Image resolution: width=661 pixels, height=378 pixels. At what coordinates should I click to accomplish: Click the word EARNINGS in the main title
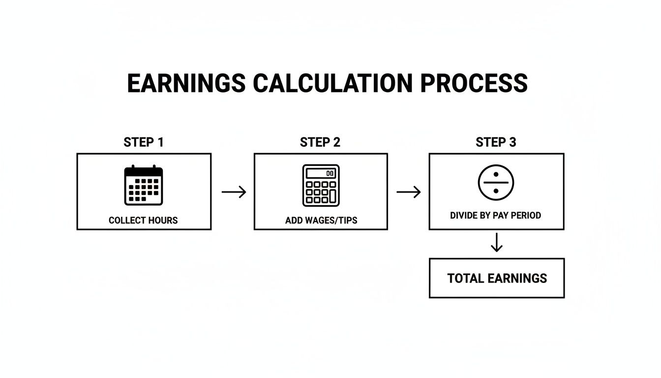click(x=186, y=83)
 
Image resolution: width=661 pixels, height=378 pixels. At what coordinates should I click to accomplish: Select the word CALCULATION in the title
click(x=332, y=83)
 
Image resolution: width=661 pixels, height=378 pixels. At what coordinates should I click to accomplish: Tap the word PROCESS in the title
click(x=474, y=83)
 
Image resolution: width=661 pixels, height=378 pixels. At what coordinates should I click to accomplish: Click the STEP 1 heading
click(x=144, y=142)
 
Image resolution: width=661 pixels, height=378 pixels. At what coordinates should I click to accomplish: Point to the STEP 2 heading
click(x=320, y=142)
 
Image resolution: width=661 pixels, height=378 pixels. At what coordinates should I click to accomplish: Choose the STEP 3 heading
click(x=496, y=142)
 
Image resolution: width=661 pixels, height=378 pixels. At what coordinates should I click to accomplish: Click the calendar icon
click(x=144, y=185)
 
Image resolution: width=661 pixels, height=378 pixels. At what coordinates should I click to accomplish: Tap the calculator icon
click(x=321, y=186)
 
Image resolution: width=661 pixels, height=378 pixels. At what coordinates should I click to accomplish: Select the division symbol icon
click(x=496, y=183)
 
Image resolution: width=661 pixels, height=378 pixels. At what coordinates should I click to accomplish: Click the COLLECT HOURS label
click(x=143, y=220)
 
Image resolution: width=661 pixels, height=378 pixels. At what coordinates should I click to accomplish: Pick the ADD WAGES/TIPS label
click(x=321, y=220)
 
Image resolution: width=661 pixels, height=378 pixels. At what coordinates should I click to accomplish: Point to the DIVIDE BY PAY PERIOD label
click(x=496, y=215)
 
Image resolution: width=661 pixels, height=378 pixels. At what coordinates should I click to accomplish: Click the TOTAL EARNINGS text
click(x=497, y=278)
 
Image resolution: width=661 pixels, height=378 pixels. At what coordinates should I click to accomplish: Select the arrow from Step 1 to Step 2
click(x=234, y=192)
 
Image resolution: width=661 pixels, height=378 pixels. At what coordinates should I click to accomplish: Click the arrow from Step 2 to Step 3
click(x=409, y=192)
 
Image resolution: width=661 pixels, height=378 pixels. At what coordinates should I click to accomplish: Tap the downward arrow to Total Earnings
click(x=497, y=243)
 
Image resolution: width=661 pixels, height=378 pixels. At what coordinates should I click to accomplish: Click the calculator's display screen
click(x=321, y=173)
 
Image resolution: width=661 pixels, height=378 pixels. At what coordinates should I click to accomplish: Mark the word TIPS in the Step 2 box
click(x=348, y=220)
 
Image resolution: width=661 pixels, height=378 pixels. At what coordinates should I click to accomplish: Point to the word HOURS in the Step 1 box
click(x=163, y=220)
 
